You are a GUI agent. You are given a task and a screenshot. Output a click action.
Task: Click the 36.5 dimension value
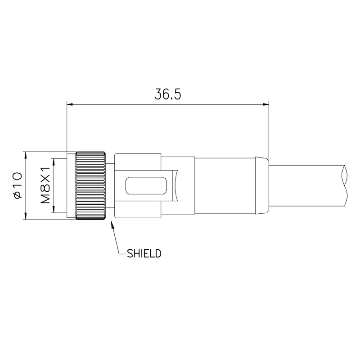(168, 95)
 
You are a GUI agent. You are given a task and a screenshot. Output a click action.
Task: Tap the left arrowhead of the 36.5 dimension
(70, 105)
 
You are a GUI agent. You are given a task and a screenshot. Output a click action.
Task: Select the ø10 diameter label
(17, 184)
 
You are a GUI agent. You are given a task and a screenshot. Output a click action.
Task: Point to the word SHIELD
(144, 253)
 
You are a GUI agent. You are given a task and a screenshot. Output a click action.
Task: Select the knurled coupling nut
(91, 186)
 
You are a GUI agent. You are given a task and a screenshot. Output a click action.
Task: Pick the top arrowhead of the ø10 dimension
(26, 155)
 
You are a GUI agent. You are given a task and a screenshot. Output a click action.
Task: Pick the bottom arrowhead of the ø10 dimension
(26, 216)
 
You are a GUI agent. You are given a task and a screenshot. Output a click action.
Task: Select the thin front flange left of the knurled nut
(71, 186)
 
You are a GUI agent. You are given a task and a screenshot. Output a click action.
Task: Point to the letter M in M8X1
(45, 199)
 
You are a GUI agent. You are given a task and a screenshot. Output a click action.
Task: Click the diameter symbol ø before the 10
(17, 194)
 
